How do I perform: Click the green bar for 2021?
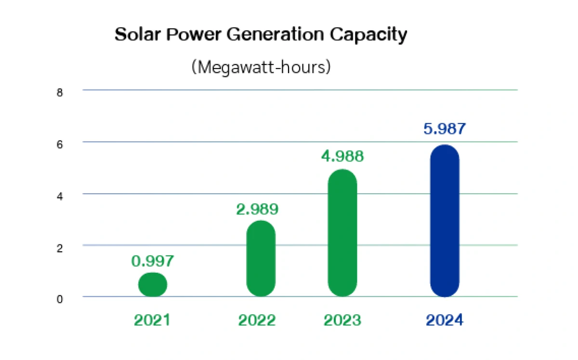coord(153,284)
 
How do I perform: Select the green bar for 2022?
coord(261,258)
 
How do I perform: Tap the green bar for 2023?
coord(342,233)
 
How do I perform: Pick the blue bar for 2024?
coord(445,221)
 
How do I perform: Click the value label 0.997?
coord(152,261)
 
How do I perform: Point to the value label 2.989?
coord(258,210)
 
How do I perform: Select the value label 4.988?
coord(342,157)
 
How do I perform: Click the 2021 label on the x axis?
coord(152,320)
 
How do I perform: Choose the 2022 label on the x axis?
coord(257,320)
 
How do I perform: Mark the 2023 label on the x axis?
coord(342,320)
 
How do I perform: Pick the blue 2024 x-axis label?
coord(444,320)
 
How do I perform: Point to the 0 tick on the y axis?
coord(60,300)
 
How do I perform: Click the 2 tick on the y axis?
coord(60,248)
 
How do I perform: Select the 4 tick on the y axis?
coord(60,196)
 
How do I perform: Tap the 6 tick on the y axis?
coord(60,145)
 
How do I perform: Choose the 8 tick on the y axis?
coord(60,93)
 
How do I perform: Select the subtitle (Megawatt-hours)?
coord(261,67)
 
